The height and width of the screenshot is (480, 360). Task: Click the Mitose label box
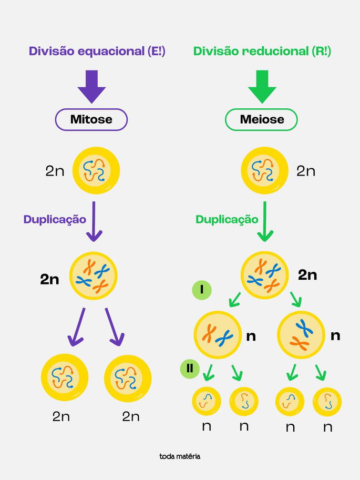coord(91,119)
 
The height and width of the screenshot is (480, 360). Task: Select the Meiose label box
coord(262,119)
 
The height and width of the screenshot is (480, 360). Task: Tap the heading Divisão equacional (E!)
coord(97,52)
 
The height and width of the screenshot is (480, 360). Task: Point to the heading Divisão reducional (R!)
coord(262,52)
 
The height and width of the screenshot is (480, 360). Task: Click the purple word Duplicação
coord(55,219)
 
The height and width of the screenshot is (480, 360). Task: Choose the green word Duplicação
coord(227,219)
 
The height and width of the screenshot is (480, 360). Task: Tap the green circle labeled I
coord(202,290)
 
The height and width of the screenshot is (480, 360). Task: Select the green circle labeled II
coord(190,369)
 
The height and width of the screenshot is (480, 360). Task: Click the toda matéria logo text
coord(180,456)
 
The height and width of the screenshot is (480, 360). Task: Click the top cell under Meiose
coord(264,171)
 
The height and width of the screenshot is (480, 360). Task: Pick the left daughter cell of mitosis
coord(65,377)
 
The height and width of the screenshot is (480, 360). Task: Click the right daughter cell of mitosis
coord(128,377)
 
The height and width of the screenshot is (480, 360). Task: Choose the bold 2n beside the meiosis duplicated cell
coord(307,274)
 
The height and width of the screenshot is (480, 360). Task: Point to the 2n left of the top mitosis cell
coord(55,171)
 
